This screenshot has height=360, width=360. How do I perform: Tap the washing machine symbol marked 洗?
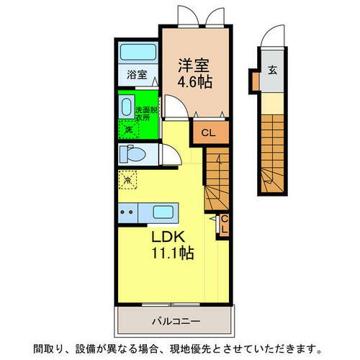(x=128, y=130)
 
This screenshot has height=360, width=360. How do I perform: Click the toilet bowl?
(x=134, y=153)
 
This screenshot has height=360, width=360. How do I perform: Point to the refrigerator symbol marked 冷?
(x=127, y=179)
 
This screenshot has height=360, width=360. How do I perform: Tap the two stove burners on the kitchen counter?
(x=127, y=212)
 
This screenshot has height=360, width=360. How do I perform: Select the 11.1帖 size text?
(x=171, y=253)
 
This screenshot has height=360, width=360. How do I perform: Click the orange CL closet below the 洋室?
(x=207, y=132)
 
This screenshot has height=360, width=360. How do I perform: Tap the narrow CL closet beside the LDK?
(x=223, y=223)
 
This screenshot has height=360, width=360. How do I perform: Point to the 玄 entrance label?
(x=273, y=70)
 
